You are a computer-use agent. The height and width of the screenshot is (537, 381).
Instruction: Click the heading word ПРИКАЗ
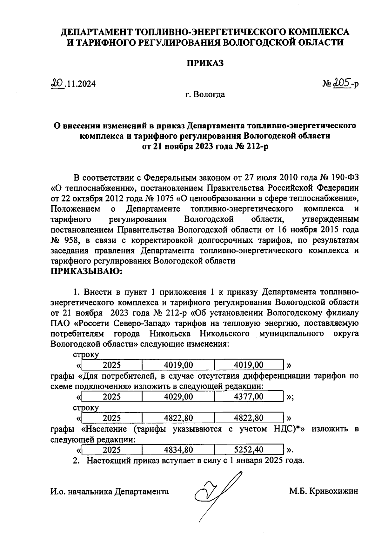pyautogui.click(x=204, y=63)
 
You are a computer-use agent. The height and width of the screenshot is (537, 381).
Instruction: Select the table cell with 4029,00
pyautogui.click(x=178, y=396)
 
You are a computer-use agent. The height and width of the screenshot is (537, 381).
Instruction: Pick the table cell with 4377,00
pyautogui.click(x=249, y=396)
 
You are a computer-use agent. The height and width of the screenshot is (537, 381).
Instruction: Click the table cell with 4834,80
pyautogui.click(x=178, y=450)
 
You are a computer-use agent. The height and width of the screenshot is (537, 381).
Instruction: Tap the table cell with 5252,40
pyautogui.click(x=249, y=450)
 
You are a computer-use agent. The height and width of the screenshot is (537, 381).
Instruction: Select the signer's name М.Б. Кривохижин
pyautogui.click(x=324, y=491)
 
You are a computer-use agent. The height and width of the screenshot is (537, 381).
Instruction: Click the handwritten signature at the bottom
pyautogui.click(x=216, y=494)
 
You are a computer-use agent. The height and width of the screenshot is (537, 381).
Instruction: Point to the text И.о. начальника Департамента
pyautogui.click(x=110, y=491)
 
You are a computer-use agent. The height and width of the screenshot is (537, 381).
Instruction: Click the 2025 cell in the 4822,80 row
pyautogui.click(x=112, y=418)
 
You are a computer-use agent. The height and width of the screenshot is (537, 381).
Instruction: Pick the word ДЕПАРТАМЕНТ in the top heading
pyautogui.click(x=97, y=32)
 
